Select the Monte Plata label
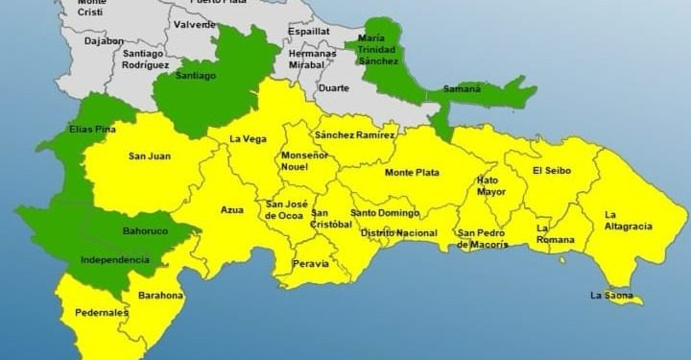pos(412,173)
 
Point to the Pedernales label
pos(102,313)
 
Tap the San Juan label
pos(149,155)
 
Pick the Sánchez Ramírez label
pos(354,135)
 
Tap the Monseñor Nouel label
pos(305,160)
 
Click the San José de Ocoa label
pos(285,209)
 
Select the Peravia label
pos(310,263)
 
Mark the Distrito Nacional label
pos(398,233)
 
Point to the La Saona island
pos(624,300)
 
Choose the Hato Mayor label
pos(489,185)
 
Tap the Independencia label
pos(115,260)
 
